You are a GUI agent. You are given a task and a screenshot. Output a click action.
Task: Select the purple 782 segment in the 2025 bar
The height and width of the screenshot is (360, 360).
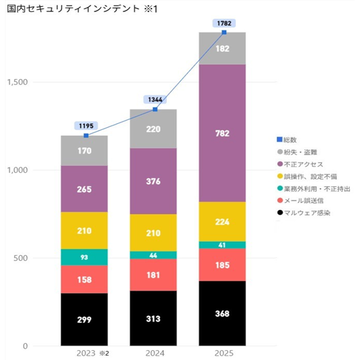point(222,133)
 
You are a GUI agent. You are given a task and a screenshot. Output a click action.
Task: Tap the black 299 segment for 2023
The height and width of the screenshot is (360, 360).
point(84,319)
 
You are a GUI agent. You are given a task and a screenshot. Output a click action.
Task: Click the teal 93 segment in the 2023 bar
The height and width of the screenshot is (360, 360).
point(84,257)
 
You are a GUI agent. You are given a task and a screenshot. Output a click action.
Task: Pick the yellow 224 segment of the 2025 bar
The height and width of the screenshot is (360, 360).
point(222,222)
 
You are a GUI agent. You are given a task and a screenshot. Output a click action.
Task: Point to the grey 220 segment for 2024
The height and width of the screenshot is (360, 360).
point(153,129)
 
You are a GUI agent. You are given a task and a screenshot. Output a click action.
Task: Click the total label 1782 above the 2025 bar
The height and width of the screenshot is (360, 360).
point(224,23)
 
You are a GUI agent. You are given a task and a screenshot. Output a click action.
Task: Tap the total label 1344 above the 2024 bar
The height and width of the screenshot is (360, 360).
point(155,99)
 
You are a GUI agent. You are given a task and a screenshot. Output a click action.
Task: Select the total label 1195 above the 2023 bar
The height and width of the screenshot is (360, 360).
point(86,126)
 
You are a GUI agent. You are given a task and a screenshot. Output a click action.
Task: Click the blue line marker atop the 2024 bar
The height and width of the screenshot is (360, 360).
point(155,110)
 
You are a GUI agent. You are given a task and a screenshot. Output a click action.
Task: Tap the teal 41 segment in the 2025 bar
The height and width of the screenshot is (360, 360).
point(222,245)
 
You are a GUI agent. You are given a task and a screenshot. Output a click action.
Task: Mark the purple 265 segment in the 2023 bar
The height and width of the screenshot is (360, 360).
point(84,189)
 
